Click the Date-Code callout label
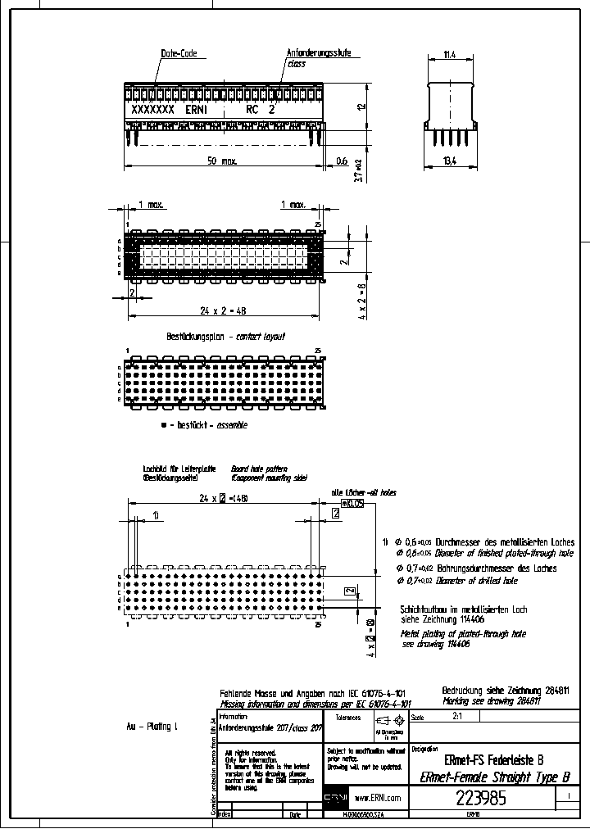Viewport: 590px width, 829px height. click(179, 53)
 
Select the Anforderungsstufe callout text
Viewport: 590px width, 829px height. click(319, 53)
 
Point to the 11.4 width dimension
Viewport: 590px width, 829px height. click(449, 55)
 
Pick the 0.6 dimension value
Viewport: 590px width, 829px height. click(342, 161)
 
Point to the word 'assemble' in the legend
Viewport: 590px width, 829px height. click(232, 425)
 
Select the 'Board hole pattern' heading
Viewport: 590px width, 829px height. click(260, 468)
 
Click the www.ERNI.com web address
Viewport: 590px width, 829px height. click(377, 797)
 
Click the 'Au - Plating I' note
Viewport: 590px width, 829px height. click(152, 727)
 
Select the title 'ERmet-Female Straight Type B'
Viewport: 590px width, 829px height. click(494, 777)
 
